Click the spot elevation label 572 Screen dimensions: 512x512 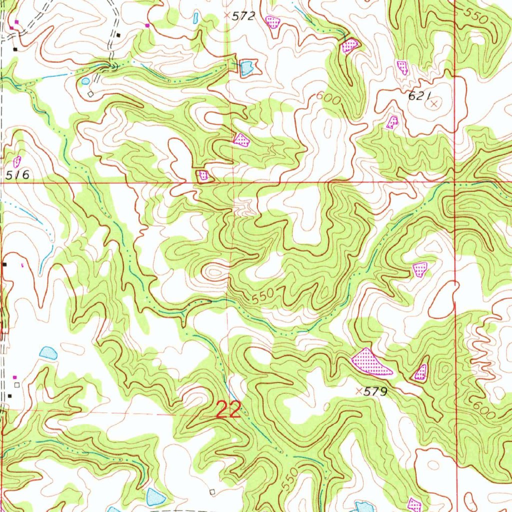pyautogui.click(x=243, y=16)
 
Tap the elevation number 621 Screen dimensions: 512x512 pyautogui.click(x=419, y=97)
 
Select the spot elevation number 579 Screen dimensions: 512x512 pyautogui.click(x=375, y=392)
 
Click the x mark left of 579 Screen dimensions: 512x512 pyautogui.click(x=358, y=391)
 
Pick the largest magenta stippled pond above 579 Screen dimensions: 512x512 pyautogui.click(x=371, y=363)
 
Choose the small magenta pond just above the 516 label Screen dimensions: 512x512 pyautogui.click(x=17, y=161)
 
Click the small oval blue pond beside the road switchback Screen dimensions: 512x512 pyautogui.click(x=85, y=80)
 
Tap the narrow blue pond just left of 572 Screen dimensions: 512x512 pyautogui.click(x=195, y=18)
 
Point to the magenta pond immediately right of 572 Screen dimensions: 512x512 pyautogui.click(x=272, y=21)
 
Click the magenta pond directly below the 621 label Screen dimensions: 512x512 pyautogui.click(x=392, y=121)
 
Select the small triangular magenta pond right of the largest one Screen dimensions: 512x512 pyautogui.click(x=421, y=372)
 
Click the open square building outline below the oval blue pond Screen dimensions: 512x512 pyautogui.click(x=90, y=93)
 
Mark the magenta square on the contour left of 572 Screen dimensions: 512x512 pyautogui.click(x=147, y=25)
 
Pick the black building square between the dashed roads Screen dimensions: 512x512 pyautogui.click(x=118, y=34)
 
